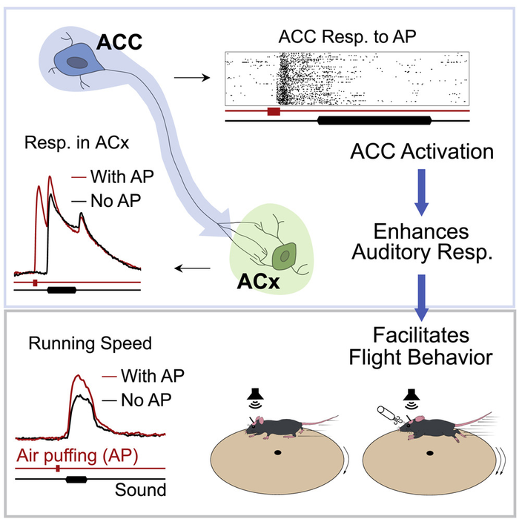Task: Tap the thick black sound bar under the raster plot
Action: click(374, 119)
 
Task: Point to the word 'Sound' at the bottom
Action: click(139, 491)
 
